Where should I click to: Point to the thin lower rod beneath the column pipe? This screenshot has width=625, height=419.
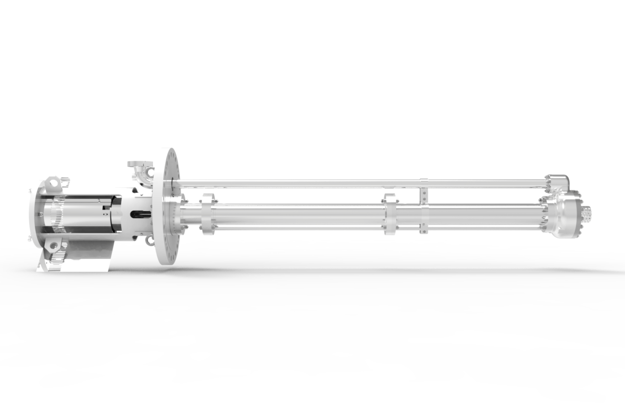(x=312, y=228)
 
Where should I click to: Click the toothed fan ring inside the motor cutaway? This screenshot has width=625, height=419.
(x=58, y=214)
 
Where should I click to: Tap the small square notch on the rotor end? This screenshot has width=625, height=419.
(x=106, y=213)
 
